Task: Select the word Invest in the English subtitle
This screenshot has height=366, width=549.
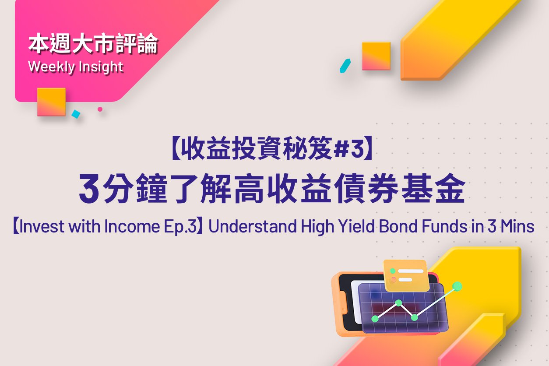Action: tap(42, 226)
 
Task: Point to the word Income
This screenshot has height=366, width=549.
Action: tap(132, 226)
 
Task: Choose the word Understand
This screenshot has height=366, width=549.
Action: tap(252, 226)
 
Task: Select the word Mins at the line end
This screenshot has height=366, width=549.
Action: tap(517, 226)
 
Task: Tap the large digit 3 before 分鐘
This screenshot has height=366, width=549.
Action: tap(89, 189)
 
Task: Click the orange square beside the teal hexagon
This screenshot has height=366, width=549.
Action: tap(376, 56)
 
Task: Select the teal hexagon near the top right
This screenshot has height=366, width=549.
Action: tap(345, 66)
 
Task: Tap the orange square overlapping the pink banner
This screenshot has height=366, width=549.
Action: tap(51, 102)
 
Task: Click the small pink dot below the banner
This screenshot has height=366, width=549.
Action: tap(100, 109)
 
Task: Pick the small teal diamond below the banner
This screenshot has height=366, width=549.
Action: tap(76, 114)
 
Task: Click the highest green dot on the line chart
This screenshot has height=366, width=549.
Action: tap(457, 286)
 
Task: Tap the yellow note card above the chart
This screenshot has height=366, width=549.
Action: tap(406, 275)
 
